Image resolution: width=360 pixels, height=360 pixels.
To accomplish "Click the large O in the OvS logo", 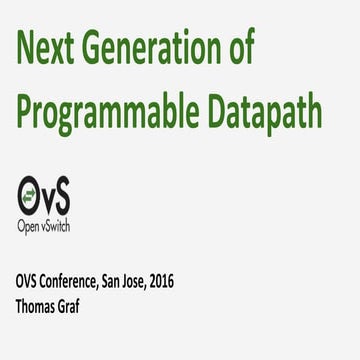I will [x=31, y=191].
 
